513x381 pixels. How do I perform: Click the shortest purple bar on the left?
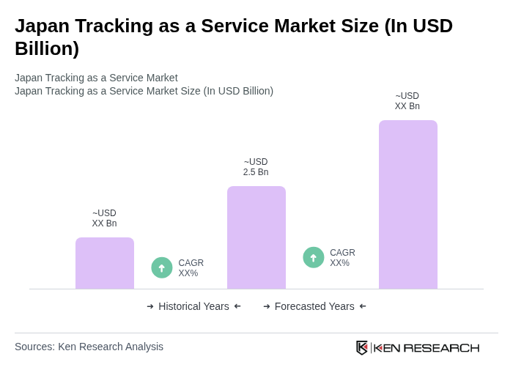(x=105, y=263)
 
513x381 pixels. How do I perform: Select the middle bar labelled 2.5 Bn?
(x=256, y=237)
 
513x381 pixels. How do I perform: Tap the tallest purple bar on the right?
(x=408, y=204)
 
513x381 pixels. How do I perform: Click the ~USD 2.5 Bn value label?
(x=256, y=167)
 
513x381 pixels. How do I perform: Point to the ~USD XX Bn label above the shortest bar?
(x=104, y=218)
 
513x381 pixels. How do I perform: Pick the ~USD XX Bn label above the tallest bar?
(x=407, y=101)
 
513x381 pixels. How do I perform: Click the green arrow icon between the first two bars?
(x=162, y=267)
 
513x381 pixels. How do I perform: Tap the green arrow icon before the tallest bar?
(x=314, y=257)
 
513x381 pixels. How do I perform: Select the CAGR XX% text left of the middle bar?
(x=191, y=268)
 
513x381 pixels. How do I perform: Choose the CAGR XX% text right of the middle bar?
(x=342, y=258)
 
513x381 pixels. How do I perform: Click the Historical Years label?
(x=193, y=306)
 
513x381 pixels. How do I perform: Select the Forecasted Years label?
(x=314, y=306)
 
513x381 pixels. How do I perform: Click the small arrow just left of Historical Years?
(x=150, y=306)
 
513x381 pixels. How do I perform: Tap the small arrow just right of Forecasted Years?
(x=363, y=306)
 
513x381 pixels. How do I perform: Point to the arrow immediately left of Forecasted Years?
(x=267, y=306)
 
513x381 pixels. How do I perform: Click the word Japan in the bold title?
(x=43, y=26)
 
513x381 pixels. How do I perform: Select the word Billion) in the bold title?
(x=47, y=48)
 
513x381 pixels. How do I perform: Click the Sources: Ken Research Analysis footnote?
(x=89, y=347)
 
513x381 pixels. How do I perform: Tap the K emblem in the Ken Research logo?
(x=362, y=347)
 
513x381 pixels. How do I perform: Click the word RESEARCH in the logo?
(x=441, y=347)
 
